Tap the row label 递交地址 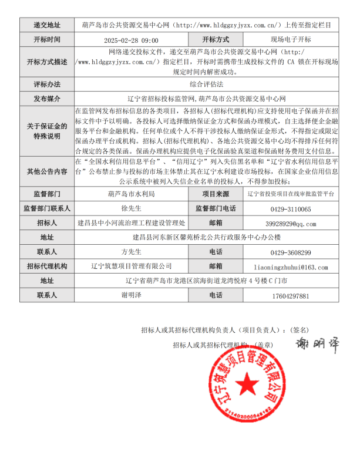pos(48,25)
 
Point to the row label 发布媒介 pos(48,98)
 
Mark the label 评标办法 pos(48,84)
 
